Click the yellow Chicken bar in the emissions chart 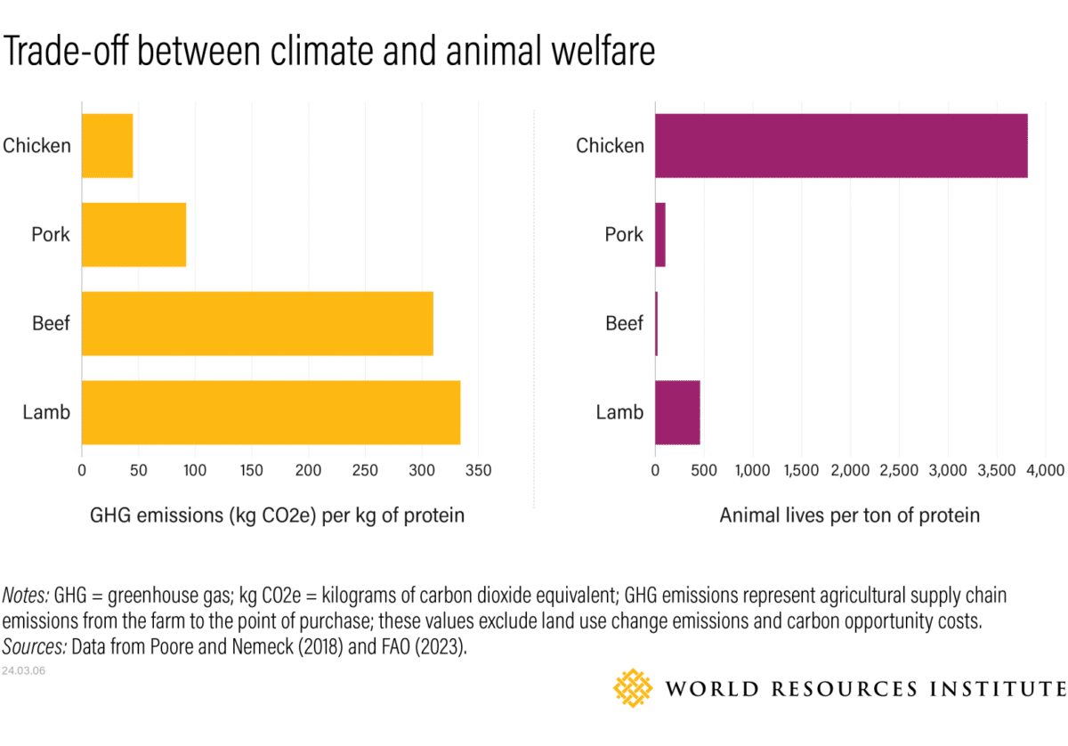(107, 145)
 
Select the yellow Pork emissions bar (133, 234)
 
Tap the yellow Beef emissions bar (257, 323)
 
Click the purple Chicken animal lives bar (841, 145)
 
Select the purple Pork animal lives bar (660, 234)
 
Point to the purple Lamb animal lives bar (677, 412)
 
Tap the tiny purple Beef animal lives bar (657, 323)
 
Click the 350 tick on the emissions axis (479, 469)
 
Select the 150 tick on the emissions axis (252, 469)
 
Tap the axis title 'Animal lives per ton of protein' (849, 515)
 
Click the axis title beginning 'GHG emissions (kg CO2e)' (277, 515)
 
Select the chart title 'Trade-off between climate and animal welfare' (329, 52)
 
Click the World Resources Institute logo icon (634, 688)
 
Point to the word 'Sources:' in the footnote (35, 646)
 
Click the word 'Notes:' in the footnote (27, 595)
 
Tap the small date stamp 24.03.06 (24, 670)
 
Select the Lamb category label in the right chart (619, 412)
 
